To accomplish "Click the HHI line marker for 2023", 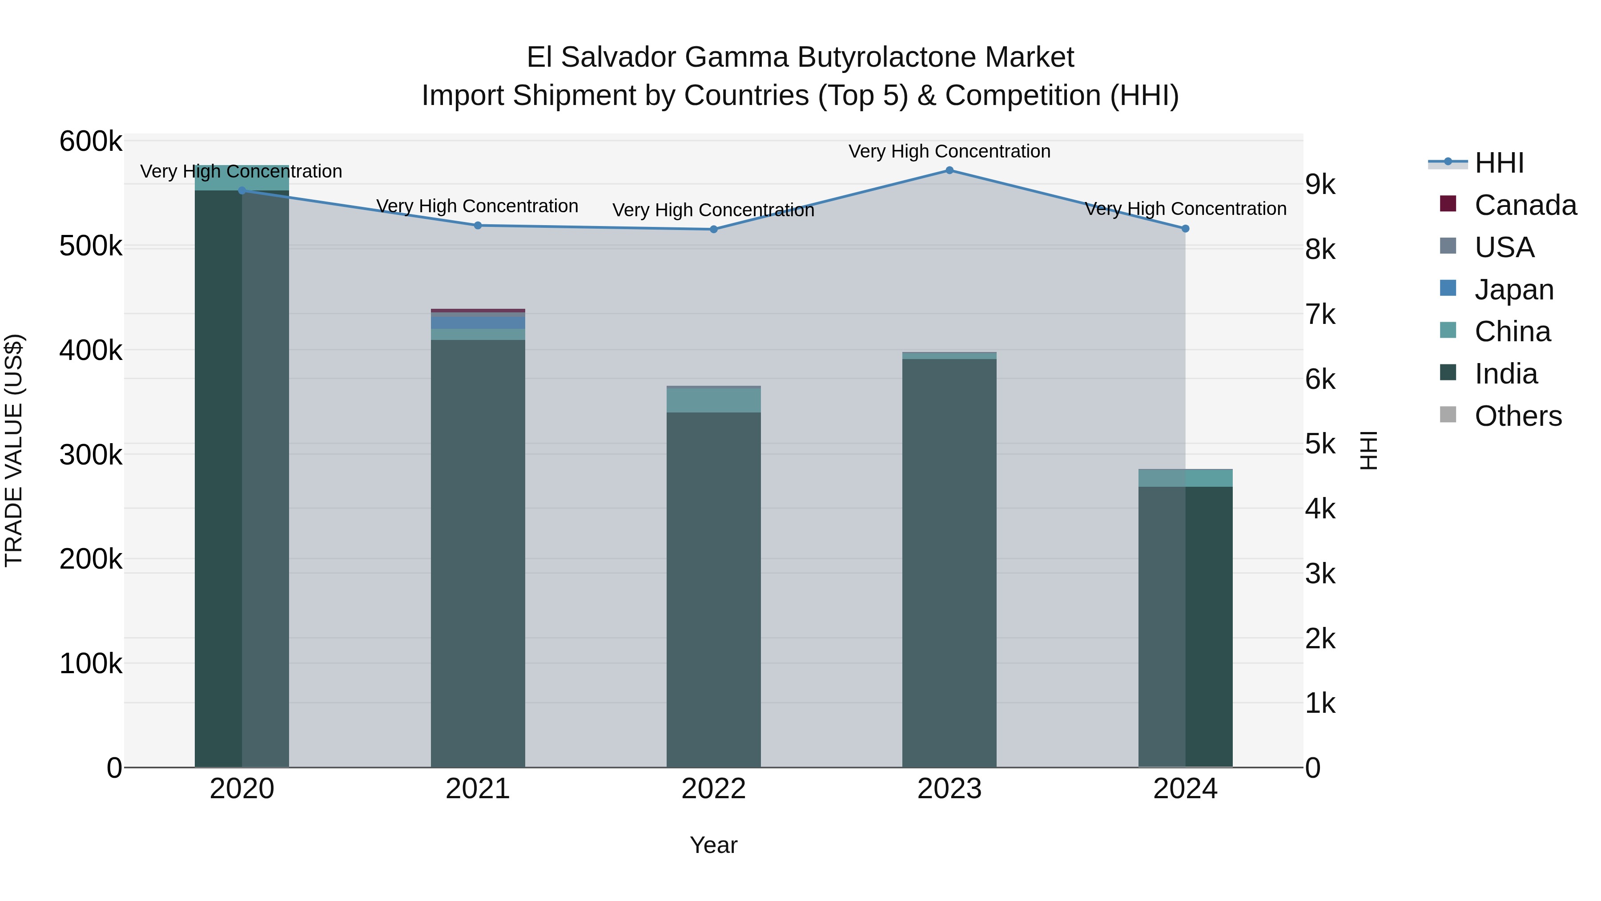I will [x=949, y=170].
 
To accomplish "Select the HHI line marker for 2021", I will [x=478, y=226].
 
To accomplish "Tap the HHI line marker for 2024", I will [x=1185, y=229].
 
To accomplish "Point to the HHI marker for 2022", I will [x=713, y=230].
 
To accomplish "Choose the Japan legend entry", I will [x=1513, y=290].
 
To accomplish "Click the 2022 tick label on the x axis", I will [x=713, y=789].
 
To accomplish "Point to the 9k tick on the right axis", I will [x=1320, y=185].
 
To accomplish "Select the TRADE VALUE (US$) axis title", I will [x=14, y=450].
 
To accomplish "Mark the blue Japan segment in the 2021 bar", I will [x=478, y=323].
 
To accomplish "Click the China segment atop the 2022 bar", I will [x=713, y=400].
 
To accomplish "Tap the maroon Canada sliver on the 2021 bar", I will [x=478, y=310].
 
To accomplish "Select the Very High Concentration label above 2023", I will [x=949, y=152].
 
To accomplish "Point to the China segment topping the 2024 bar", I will [x=1185, y=478].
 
